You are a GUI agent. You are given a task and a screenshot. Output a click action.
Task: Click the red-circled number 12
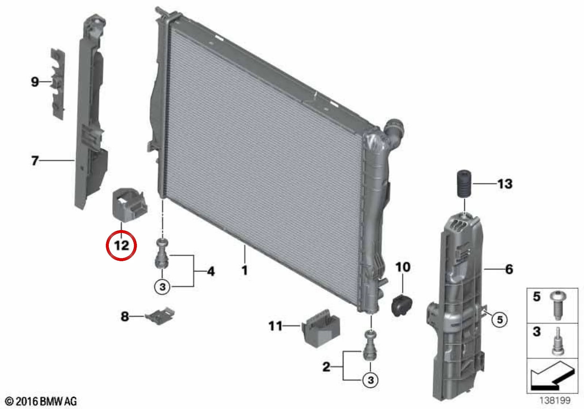(x=122, y=245)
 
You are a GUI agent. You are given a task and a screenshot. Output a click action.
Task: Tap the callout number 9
(x=35, y=82)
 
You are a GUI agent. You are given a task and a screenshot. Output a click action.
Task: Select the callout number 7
(x=35, y=160)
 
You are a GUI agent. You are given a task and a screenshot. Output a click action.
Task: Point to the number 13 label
(x=505, y=184)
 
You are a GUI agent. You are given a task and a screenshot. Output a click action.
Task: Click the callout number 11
(x=276, y=326)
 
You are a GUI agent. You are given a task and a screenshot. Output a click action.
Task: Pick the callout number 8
(x=125, y=317)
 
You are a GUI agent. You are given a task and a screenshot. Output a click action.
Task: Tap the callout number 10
(x=403, y=267)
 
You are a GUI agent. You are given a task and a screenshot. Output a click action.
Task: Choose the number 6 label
(x=509, y=269)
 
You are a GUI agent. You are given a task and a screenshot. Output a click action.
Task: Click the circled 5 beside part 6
(x=500, y=319)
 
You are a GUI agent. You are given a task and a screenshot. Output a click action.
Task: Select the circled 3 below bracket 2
(x=370, y=380)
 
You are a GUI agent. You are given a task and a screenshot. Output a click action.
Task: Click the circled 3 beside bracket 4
(x=162, y=287)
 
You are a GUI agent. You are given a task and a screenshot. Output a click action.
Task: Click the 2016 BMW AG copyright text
(x=41, y=401)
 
